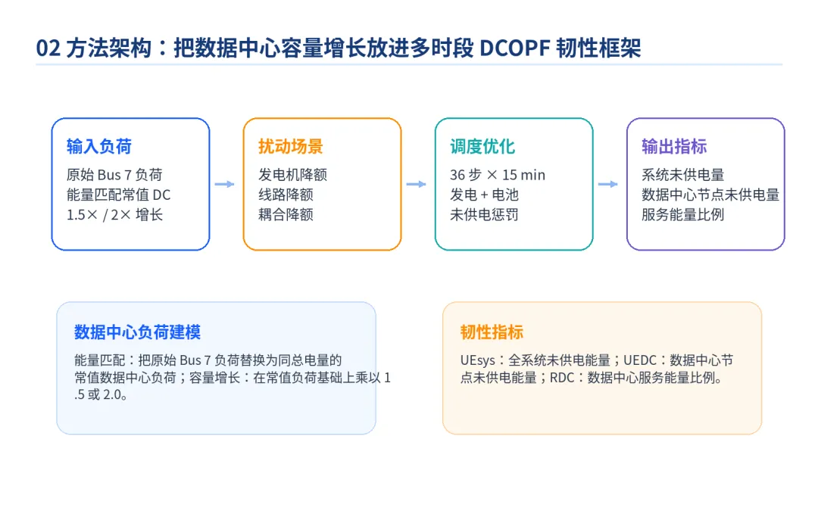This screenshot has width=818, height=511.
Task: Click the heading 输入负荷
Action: tap(99, 147)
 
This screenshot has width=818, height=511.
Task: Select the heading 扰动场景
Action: tap(291, 147)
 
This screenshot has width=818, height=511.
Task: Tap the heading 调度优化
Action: tap(482, 147)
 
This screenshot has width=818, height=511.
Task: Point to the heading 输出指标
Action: tap(674, 147)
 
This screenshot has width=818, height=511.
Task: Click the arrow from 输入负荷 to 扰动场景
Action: tap(224, 184)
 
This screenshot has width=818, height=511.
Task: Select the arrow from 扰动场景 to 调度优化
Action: tap(417, 184)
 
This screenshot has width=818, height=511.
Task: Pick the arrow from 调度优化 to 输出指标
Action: tap(607, 184)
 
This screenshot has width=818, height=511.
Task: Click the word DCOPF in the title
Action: tap(514, 48)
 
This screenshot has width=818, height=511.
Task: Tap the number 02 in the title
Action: tap(48, 48)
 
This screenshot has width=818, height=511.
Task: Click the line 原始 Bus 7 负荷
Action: tap(114, 175)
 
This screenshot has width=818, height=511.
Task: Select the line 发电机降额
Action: tap(292, 175)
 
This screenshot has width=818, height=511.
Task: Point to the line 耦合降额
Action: tap(286, 214)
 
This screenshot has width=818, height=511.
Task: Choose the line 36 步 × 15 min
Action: tap(498, 175)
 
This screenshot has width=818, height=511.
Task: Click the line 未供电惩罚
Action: tap(484, 214)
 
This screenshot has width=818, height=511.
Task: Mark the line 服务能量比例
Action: tap(683, 214)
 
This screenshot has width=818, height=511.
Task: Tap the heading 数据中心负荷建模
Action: tap(137, 332)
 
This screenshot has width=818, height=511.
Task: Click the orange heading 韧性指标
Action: tap(492, 332)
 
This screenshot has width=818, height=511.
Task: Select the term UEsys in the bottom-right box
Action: tap(477, 360)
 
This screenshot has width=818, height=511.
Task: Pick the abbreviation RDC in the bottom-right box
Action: tap(562, 378)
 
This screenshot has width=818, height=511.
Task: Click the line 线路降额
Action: tap(286, 195)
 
